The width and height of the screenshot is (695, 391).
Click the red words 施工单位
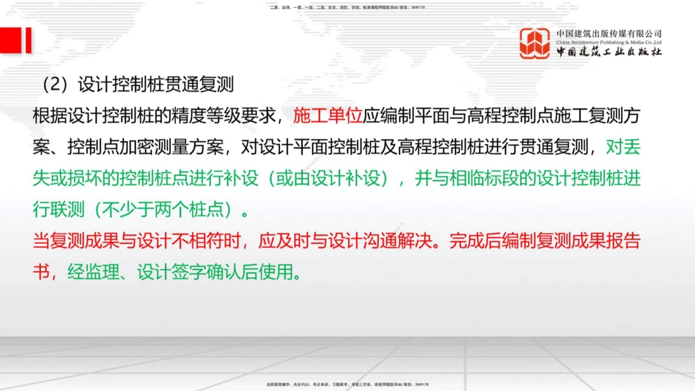click(x=328, y=115)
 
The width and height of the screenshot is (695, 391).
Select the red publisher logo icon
click(x=535, y=43)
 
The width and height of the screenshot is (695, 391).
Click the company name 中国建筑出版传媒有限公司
click(x=609, y=33)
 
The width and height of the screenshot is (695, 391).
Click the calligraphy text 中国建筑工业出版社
click(x=609, y=52)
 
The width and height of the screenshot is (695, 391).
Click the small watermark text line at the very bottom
click(x=347, y=384)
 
